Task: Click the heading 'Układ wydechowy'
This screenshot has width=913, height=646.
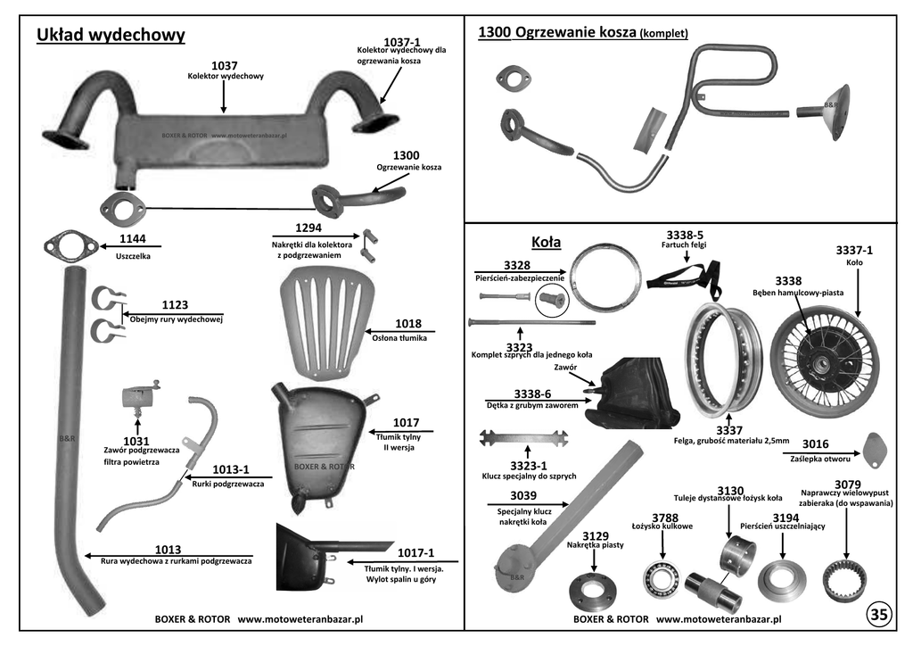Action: [x=111, y=35]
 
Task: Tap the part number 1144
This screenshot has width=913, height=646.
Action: [x=132, y=239]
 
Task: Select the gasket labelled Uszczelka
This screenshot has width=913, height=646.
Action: [x=70, y=247]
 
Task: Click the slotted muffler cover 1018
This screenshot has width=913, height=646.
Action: [x=326, y=323]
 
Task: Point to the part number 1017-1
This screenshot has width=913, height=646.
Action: [x=415, y=553]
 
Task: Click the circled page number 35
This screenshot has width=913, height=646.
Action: [x=878, y=614]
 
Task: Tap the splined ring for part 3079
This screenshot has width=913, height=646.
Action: [x=846, y=583]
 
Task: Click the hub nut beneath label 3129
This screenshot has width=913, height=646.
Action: [x=593, y=593]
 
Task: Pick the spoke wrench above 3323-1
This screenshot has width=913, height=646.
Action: [x=523, y=438]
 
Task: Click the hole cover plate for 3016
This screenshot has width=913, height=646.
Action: [x=875, y=450]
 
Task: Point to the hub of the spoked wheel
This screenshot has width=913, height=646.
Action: [x=823, y=365]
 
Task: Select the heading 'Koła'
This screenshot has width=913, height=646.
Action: [x=547, y=243]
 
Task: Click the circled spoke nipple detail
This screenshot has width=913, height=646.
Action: [x=552, y=302]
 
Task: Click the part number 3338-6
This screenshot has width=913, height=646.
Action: [x=532, y=394]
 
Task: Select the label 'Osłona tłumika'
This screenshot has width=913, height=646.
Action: [x=399, y=338]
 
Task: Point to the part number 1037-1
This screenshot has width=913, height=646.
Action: [x=402, y=42]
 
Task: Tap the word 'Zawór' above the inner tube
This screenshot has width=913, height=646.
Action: [x=565, y=367]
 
